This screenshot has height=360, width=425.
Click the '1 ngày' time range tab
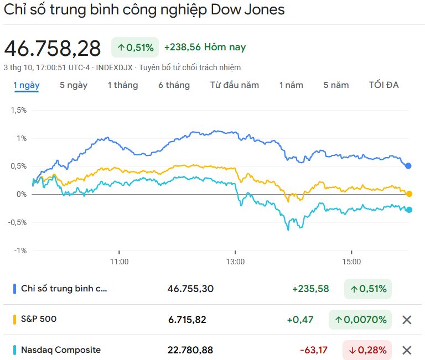tap(27, 85)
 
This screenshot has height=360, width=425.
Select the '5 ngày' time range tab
tap(74, 85)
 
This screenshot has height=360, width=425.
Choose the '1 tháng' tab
tap(123, 85)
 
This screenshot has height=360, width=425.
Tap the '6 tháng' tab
tap(174, 85)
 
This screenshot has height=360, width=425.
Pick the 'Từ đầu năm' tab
tap(235, 85)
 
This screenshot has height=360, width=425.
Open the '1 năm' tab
tap(291, 85)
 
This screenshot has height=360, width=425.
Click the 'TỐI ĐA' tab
tap(384, 85)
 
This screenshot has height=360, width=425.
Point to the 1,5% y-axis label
tap(19, 110)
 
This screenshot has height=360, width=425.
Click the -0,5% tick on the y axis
tap(17, 222)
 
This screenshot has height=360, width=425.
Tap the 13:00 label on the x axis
tap(235, 262)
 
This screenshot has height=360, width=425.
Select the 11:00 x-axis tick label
tap(120, 262)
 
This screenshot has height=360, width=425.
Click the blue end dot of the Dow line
tap(408, 165)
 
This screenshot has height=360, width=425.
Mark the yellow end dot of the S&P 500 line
tap(409, 194)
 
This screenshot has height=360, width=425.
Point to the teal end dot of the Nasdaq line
tap(409, 210)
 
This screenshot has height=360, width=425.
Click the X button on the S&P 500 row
tap(407, 320)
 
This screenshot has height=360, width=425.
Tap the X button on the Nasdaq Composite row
tap(407, 350)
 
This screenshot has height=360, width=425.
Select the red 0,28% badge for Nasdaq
tap(367, 350)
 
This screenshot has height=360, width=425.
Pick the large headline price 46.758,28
tap(53, 49)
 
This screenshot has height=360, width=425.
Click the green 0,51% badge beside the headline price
tap(135, 48)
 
